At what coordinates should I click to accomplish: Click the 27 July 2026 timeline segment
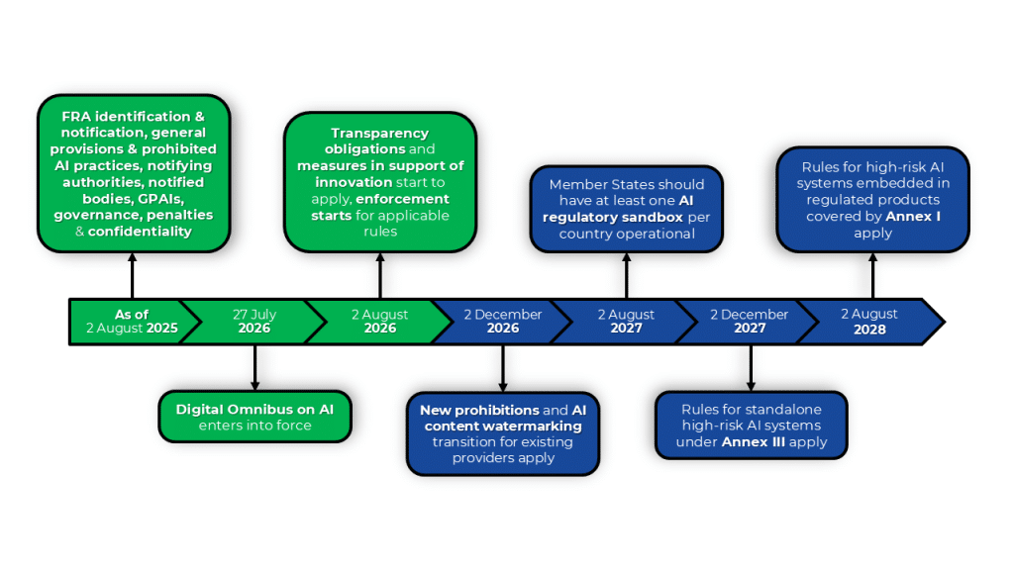[254, 322]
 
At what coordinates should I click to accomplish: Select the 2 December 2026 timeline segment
[502, 322]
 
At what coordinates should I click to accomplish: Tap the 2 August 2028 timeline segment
[869, 322]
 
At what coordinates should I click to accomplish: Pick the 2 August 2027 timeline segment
[626, 322]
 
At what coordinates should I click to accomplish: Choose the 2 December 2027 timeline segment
[750, 322]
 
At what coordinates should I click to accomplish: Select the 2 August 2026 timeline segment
[379, 322]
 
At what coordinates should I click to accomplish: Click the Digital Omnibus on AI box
[254, 417]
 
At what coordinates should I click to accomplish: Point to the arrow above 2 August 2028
[872, 276]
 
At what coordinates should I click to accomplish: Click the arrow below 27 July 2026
[254, 368]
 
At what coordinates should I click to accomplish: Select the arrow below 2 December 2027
[751, 368]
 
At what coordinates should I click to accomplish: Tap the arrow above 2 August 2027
[626, 276]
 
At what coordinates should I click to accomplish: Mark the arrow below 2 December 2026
[503, 368]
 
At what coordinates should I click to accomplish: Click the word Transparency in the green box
[379, 134]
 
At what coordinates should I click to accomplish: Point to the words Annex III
[753, 442]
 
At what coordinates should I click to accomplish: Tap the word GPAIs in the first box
[160, 198]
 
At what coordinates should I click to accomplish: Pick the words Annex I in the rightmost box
[913, 217]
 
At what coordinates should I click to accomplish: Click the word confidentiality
[140, 232]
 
